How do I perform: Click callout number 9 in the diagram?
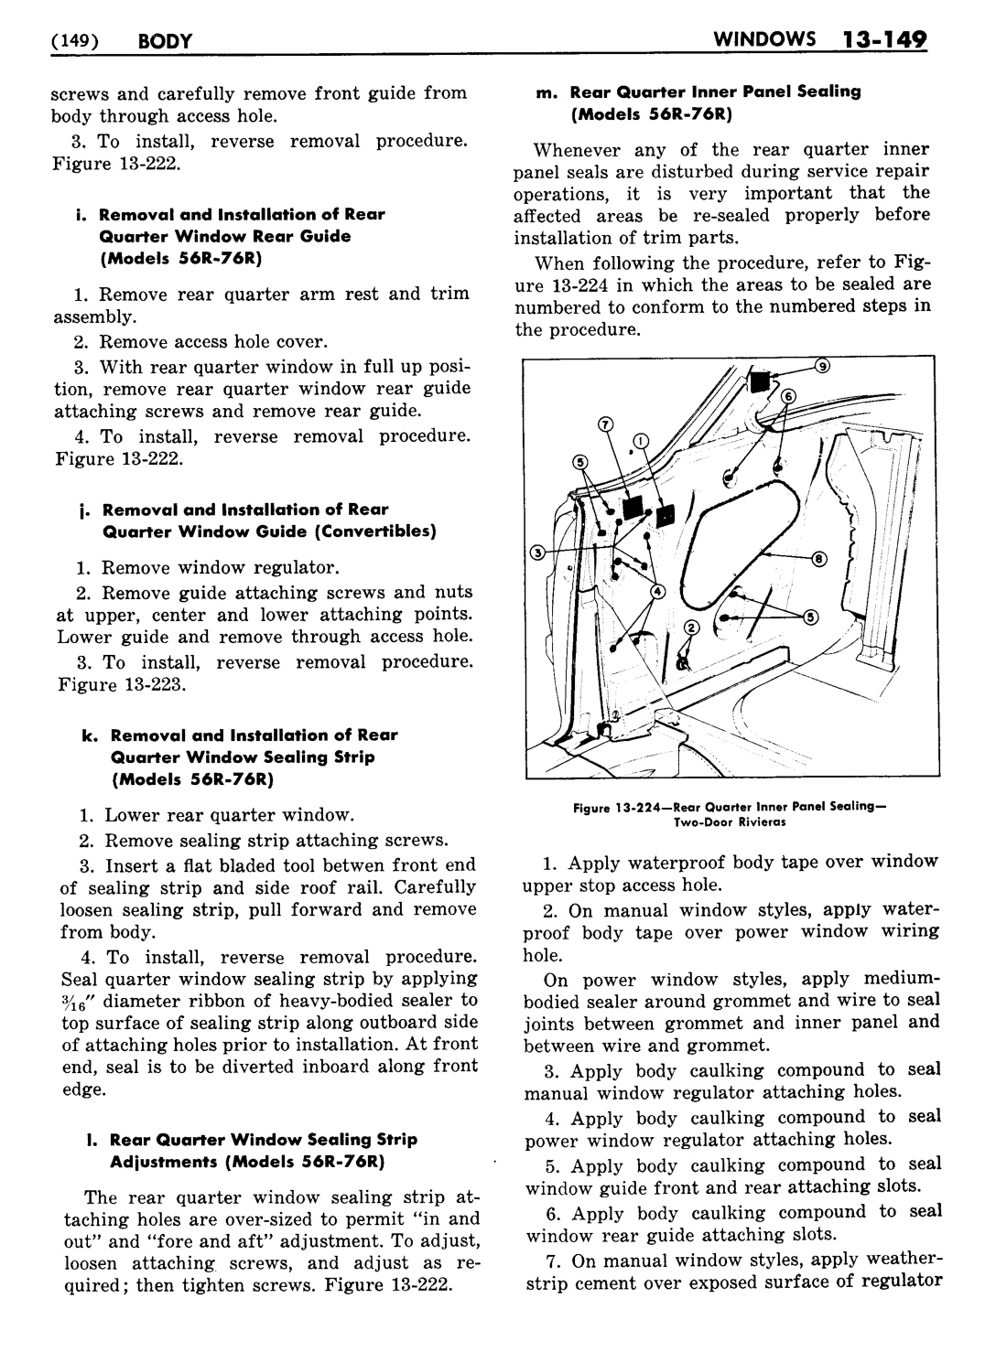[822, 367]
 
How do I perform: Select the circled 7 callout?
[604, 424]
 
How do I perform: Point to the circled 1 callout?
[639, 440]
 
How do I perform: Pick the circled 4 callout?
[656, 592]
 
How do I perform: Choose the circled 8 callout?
[818, 557]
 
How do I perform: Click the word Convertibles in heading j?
[379, 532]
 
